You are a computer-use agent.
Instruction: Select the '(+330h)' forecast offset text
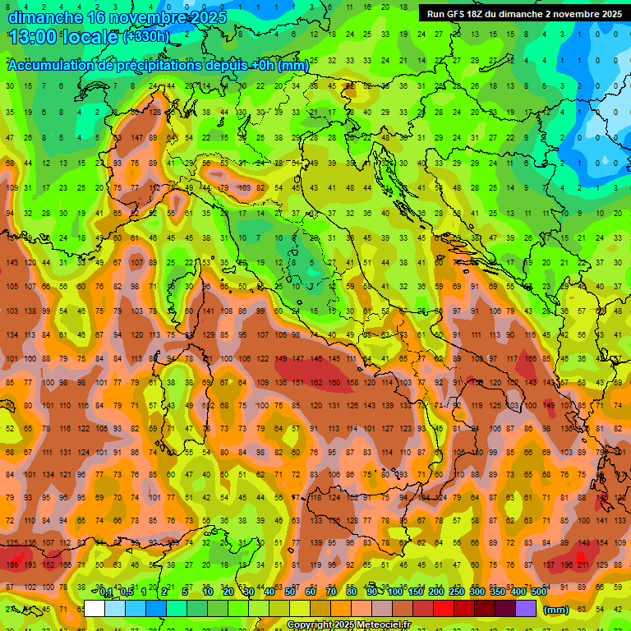(x=146, y=37)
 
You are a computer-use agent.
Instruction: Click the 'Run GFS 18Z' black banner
(x=523, y=14)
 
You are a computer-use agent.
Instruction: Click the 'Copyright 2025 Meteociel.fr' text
(x=355, y=624)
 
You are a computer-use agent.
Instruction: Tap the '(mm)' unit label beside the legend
(x=556, y=610)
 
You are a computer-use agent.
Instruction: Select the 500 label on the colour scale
(x=538, y=592)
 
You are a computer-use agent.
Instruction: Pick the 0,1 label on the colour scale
(x=104, y=592)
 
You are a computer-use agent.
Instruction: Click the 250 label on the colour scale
(x=457, y=592)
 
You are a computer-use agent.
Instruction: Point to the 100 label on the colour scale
(x=395, y=592)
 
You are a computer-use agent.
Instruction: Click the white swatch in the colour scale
(x=94, y=609)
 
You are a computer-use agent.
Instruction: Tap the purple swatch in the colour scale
(x=526, y=609)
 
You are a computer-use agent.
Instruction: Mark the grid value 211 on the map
(x=583, y=565)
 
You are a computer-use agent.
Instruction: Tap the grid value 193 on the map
(x=30, y=565)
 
